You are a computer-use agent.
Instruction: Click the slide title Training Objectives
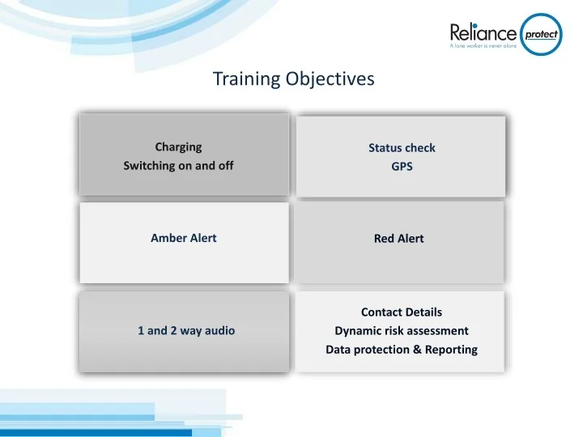pyautogui.click(x=293, y=78)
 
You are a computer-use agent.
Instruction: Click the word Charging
pyautogui.click(x=178, y=147)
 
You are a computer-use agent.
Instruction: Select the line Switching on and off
pyautogui.click(x=183, y=167)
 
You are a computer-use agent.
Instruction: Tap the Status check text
pyautogui.click(x=402, y=148)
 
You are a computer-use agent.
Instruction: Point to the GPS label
pyautogui.click(x=402, y=168)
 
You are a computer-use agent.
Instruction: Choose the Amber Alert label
pyautogui.click(x=183, y=239)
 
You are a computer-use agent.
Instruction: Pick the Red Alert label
pyautogui.click(x=398, y=240)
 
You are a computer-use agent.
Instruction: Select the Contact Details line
pyautogui.click(x=402, y=312)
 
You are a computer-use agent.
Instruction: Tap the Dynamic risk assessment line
pyautogui.click(x=402, y=331)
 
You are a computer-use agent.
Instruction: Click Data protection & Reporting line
pyautogui.click(x=402, y=350)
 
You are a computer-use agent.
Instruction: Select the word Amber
pyautogui.click(x=167, y=239)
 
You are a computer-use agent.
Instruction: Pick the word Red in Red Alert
pyautogui.click(x=384, y=240)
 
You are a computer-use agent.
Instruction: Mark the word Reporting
pyautogui.click(x=450, y=350)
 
